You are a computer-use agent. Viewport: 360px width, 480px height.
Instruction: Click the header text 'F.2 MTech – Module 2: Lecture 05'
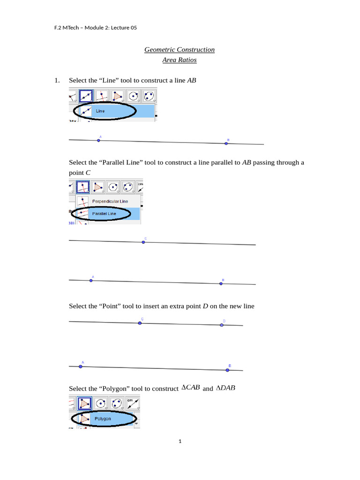[x=96, y=28]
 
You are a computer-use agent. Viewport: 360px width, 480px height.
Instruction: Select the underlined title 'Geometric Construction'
[x=179, y=50]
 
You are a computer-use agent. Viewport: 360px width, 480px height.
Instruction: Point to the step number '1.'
[x=57, y=81]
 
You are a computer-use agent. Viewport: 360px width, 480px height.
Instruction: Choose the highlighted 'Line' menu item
[x=100, y=111]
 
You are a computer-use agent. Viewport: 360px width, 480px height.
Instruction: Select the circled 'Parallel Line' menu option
[x=104, y=214]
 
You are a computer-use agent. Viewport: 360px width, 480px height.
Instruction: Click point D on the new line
[x=222, y=324]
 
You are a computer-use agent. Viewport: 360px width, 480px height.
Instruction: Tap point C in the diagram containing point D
[x=140, y=323]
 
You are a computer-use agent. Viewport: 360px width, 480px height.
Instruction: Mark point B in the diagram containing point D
[x=227, y=370]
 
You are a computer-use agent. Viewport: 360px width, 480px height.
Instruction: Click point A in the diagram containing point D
[x=81, y=367]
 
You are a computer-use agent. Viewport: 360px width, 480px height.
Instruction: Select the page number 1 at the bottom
[x=180, y=441]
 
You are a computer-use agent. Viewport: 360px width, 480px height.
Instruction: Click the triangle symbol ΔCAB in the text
[x=191, y=388]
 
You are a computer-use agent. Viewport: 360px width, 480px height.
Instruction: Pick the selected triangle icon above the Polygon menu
[x=85, y=403]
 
